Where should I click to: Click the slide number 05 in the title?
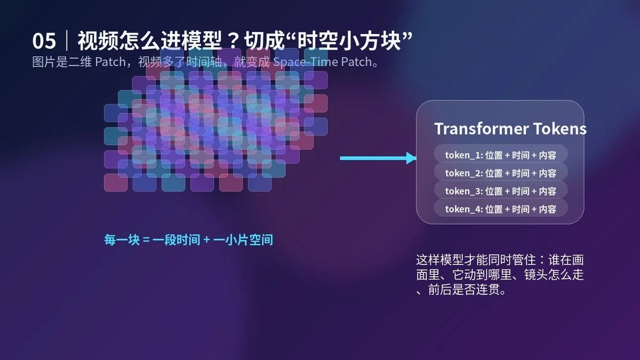44,41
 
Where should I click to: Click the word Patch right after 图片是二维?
110,62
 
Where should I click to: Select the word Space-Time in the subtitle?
306,62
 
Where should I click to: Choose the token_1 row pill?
501,155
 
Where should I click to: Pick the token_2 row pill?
501,173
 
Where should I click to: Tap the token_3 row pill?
501,191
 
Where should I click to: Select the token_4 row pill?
501,209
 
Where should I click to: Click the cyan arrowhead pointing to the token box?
411,158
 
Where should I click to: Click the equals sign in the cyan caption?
146,239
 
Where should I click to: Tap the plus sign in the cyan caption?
206,239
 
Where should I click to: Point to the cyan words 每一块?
122,239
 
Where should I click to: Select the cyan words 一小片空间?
243,239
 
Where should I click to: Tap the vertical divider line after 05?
67,41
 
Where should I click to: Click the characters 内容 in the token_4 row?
547,209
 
